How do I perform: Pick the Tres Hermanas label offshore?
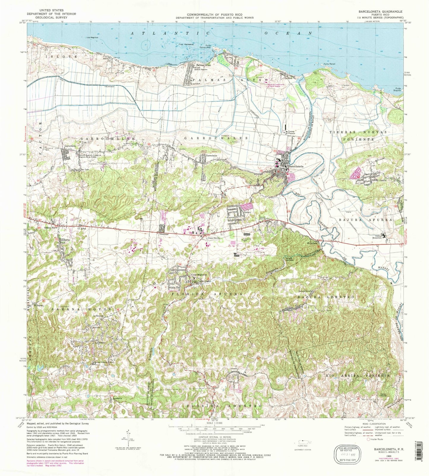coord(186,45)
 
